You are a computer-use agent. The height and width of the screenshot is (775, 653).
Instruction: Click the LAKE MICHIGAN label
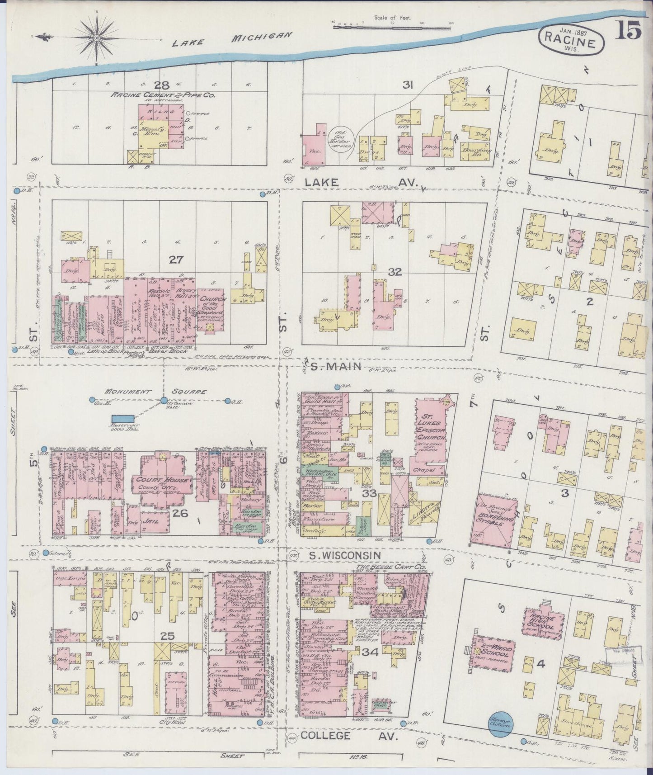point(233,41)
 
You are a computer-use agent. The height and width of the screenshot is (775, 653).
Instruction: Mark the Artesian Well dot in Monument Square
point(164,400)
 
